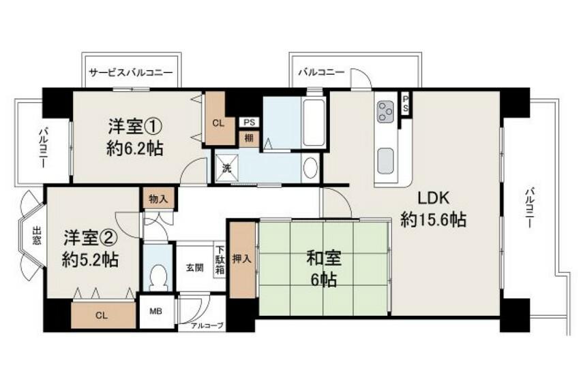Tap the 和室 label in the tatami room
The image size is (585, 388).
(x=324, y=258)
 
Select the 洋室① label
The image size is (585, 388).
(x=135, y=126)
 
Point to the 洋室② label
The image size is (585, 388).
(x=90, y=238)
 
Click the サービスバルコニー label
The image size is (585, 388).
(x=131, y=72)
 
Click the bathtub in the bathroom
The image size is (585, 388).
(x=314, y=123)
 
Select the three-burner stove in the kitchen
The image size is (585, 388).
(x=386, y=112)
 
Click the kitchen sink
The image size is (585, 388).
(x=385, y=161)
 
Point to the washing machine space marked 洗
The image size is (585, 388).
(x=226, y=168)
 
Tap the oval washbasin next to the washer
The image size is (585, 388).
(x=311, y=168)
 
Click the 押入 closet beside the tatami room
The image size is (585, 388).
(x=243, y=259)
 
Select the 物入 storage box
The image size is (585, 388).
(x=158, y=199)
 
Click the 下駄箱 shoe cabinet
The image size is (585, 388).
(x=220, y=260)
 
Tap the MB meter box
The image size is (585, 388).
(x=156, y=311)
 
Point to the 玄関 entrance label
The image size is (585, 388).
(x=195, y=268)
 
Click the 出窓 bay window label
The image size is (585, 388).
(x=36, y=236)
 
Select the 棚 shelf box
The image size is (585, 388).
(x=250, y=138)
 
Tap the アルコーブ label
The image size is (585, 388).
(x=207, y=327)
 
